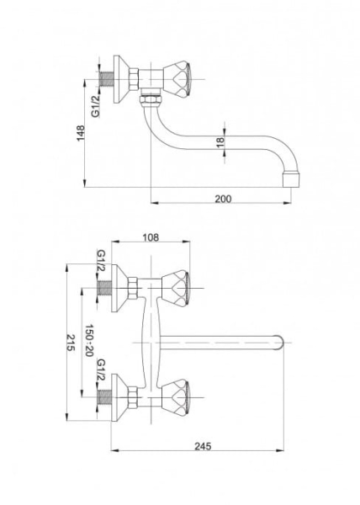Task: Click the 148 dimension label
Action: (80, 133)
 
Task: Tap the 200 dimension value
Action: (223, 199)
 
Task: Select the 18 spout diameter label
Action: (220, 142)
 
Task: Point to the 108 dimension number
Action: (151, 237)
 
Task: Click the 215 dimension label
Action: (71, 343)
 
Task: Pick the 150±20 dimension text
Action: (89, 340)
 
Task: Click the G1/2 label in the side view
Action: (96, 105)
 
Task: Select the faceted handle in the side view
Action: (177, 79)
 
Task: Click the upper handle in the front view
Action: (175, 288)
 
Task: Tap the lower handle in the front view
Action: (175, 397)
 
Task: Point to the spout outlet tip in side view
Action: (290, 180)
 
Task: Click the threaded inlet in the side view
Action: (107, 79)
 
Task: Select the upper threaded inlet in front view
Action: (104, 288)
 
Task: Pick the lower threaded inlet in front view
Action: (104, 397)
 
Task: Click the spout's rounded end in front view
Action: (278, 343)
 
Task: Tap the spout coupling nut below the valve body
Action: (151, 98)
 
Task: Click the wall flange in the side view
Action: (121, 79)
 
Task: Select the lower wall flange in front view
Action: (119, 397)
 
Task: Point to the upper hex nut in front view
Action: (133, 288)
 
